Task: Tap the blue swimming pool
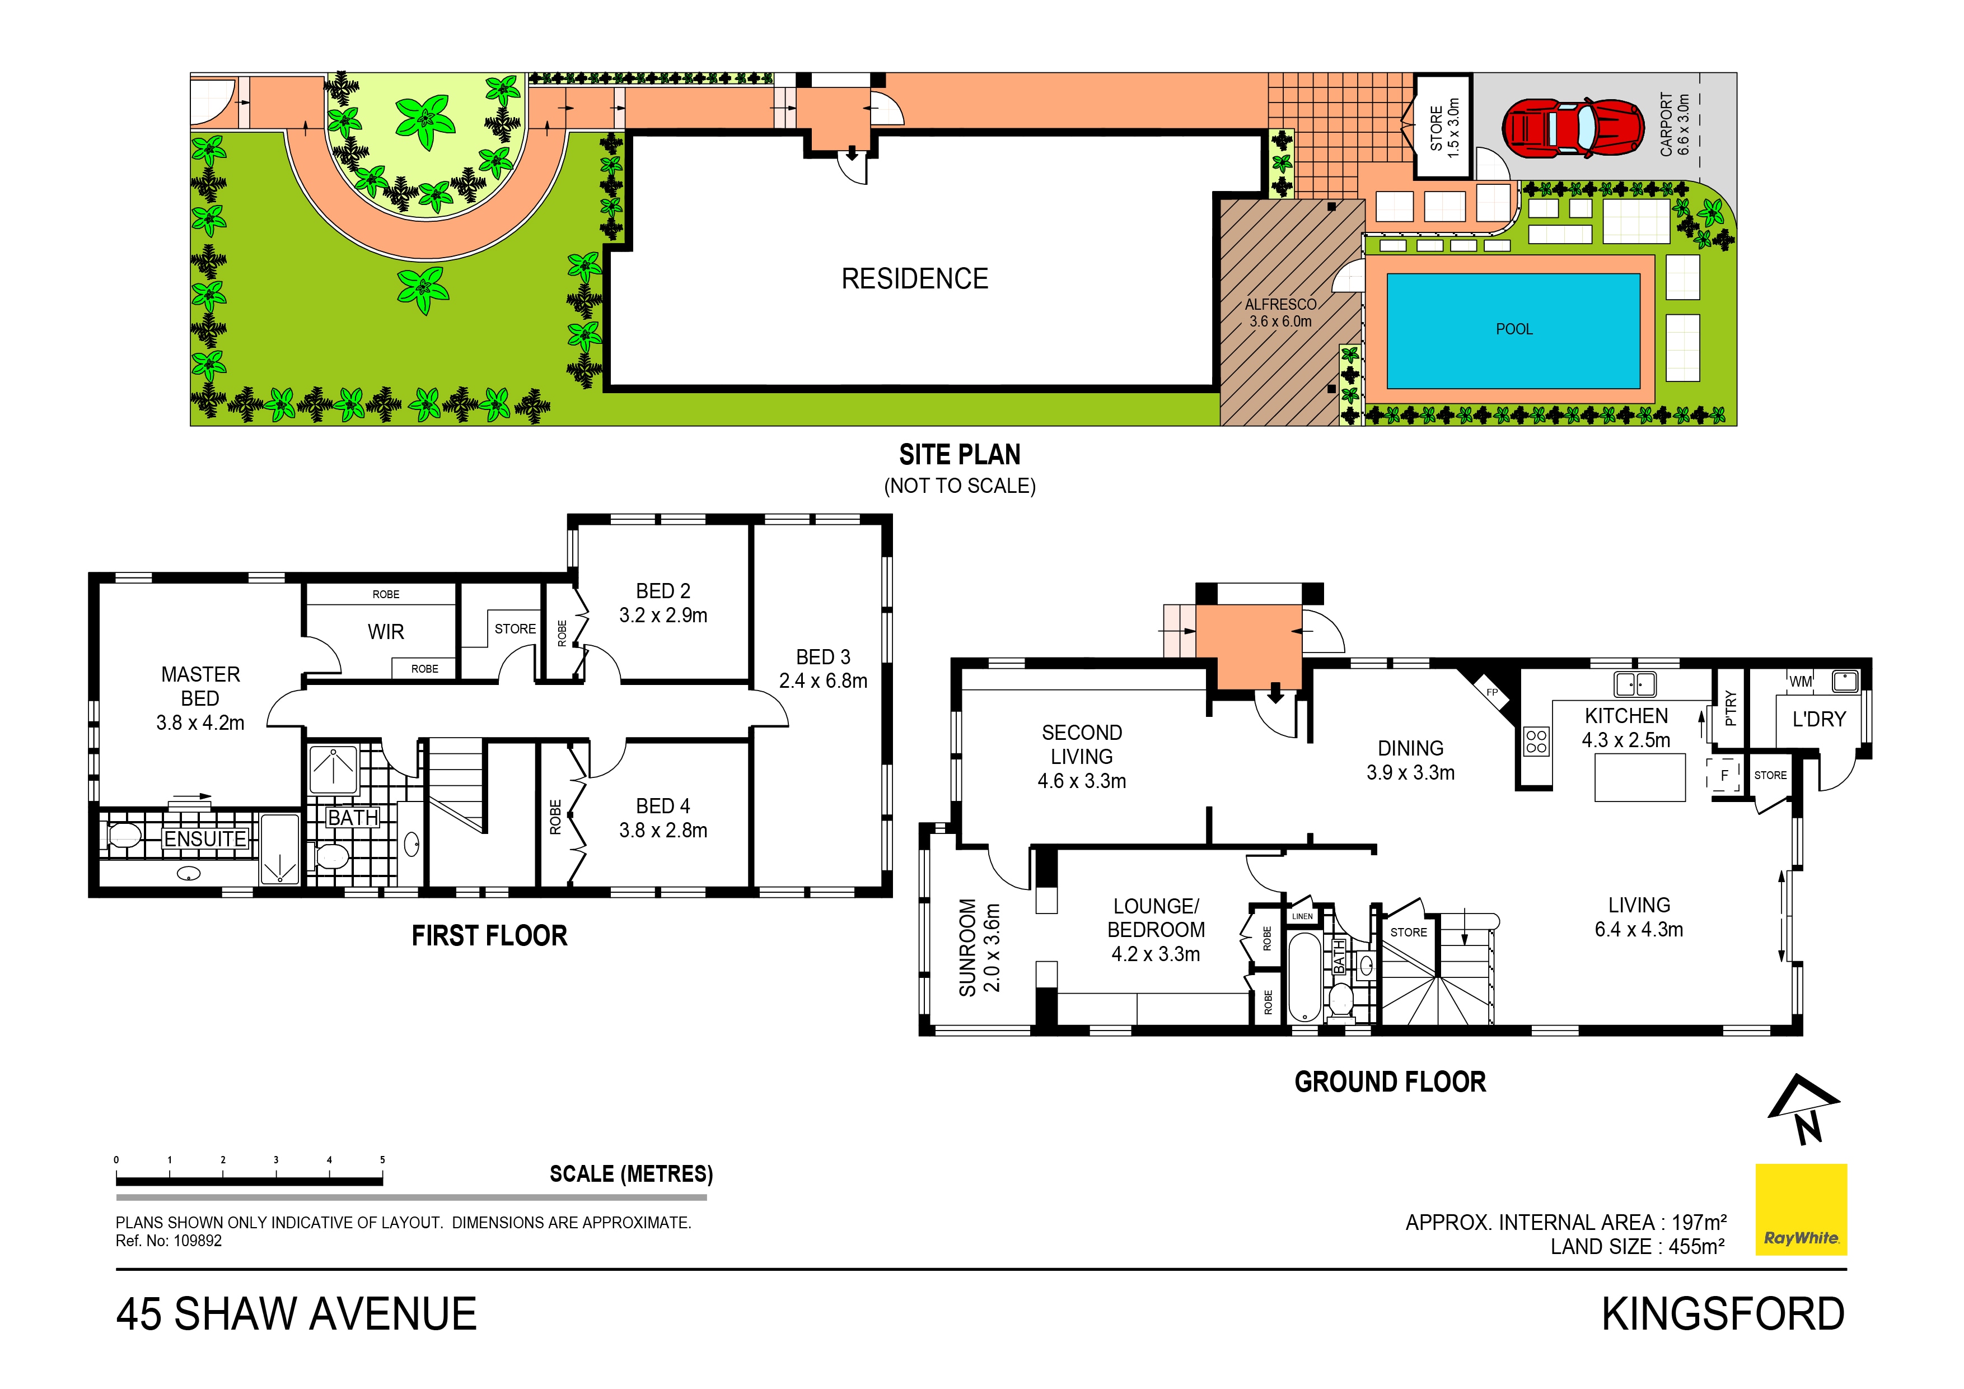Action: [x=1513, y=330]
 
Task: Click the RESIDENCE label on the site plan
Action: [x=914, y=279]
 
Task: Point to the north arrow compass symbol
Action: [x=1803, y=1110]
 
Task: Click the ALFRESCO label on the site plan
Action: [x=1280, y=305]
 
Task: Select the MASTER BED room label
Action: [x=200, y=686]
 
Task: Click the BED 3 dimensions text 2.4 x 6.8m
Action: [x=823, y=681]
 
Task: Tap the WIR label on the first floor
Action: [x=386, y=632]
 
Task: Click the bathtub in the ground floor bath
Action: [x=1304, y=976]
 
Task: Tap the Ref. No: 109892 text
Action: [x=169, y=1241]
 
